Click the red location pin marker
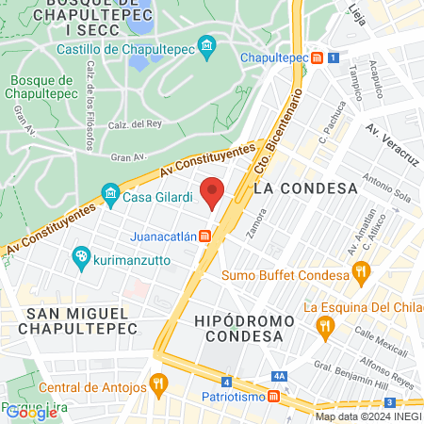213,192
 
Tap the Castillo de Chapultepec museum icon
207,44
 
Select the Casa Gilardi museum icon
110,195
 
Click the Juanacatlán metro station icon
204,236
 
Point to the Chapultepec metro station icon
318,58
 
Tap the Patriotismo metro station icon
273,397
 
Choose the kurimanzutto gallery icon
82,256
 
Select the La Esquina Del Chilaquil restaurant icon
326,327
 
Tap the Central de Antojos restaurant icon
157,384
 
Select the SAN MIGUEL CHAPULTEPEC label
82,320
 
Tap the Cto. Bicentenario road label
281,130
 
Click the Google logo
31,412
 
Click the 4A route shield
279,375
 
